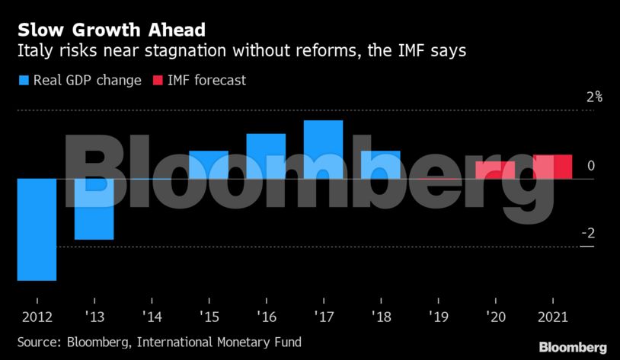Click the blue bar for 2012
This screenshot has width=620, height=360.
click(37, 229)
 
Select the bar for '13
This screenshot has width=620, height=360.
click(94, 209)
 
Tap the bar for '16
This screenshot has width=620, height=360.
click(266, 156)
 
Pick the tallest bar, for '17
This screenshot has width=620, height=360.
click(323, 149)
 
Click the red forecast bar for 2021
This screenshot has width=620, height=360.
click(552, 167)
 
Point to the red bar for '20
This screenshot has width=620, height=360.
click(495, 170)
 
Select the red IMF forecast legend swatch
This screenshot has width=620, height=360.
click(158, 80)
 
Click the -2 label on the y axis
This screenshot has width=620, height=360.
click(587, 234)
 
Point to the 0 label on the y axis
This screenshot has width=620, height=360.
click(590, 166)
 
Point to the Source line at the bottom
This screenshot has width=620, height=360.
click(159, 342)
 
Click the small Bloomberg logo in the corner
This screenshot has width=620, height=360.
click(573, 347)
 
